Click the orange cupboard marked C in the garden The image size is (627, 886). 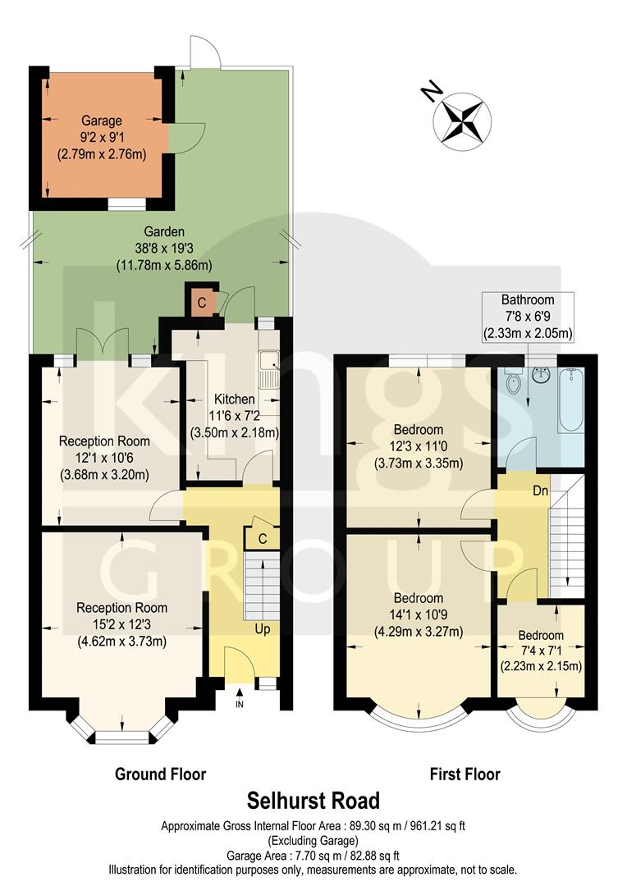(x=202, y=302)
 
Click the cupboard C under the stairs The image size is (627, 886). (x=261, y=538)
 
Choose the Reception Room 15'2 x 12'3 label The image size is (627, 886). (x=121, y=608)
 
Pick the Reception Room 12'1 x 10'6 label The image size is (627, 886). (x=104, y=441)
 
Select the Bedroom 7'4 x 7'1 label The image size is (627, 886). (x=541, y=636)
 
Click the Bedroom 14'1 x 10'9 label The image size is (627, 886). (x=418, y=598)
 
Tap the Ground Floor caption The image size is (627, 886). (x=160, y=774)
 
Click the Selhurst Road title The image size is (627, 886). (x=313, y=801)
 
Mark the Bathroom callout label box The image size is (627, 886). (x=528, y=316)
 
